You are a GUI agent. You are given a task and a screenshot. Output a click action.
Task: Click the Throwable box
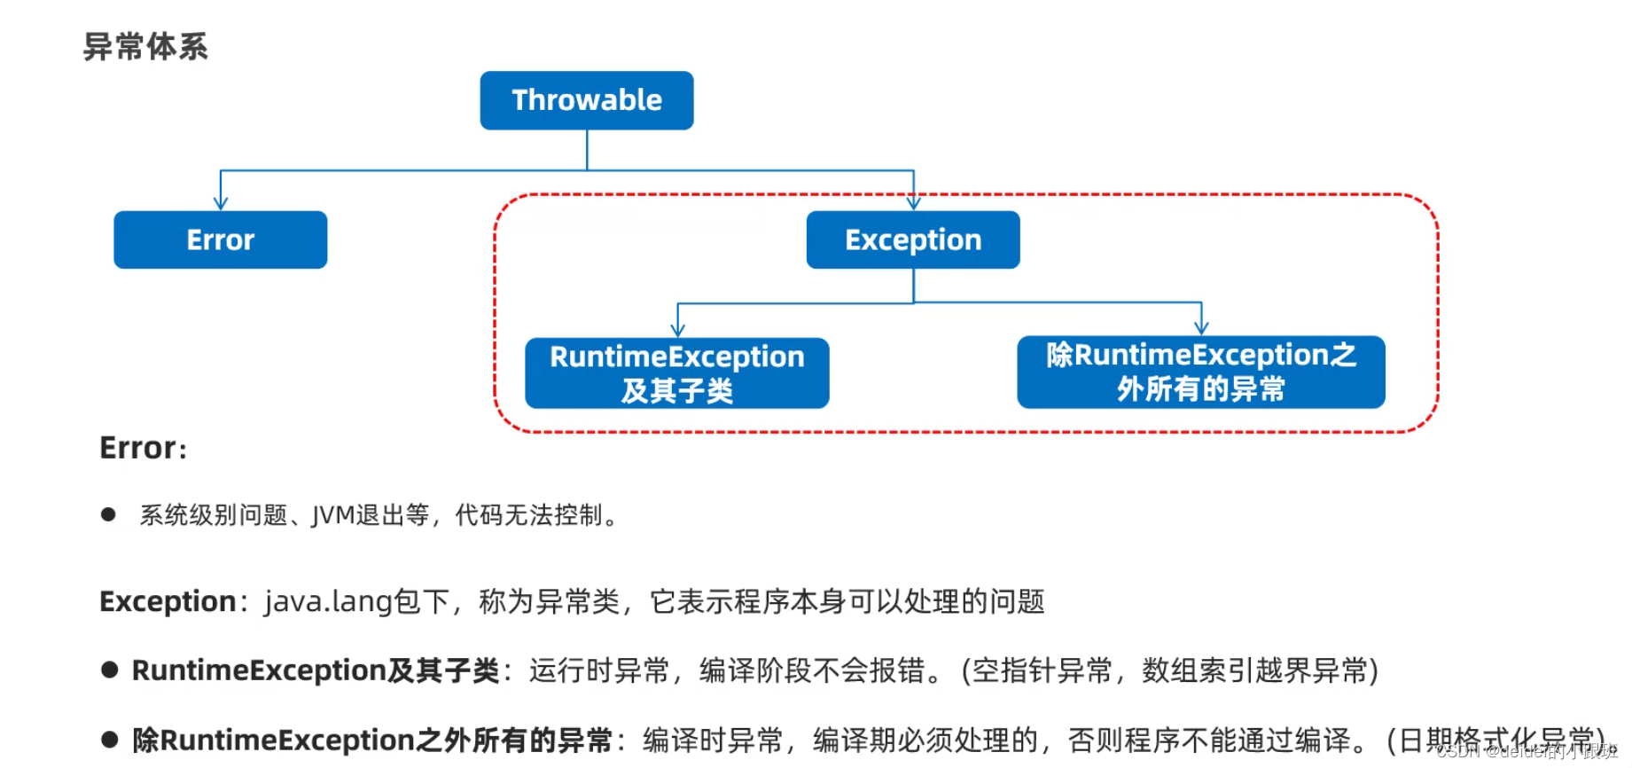(586, 100)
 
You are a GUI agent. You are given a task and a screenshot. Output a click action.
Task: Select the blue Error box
(220, 239)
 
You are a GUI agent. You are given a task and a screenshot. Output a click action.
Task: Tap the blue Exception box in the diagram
(912, 239)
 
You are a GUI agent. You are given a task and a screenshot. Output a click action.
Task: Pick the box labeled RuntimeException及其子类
(676, 372)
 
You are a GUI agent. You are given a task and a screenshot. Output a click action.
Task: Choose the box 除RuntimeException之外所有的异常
(1200, 372)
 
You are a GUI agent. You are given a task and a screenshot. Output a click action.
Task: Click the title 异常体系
(145, 46)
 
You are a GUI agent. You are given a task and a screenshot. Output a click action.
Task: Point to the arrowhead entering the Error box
(221, 203)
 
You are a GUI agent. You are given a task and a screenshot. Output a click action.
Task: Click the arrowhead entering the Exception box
(913, 203)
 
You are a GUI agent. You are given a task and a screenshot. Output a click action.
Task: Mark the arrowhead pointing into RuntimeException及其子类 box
(677, 330)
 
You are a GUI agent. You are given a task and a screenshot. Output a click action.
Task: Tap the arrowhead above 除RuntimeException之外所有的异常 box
(1201, 327)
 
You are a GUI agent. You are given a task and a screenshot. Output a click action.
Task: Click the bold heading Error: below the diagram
(143, 448)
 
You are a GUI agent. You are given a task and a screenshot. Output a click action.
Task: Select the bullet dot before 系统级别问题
(108, 514)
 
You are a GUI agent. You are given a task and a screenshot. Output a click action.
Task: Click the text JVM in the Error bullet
(333, 515)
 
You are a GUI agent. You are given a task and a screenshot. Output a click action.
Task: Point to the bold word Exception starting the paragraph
(167, 601)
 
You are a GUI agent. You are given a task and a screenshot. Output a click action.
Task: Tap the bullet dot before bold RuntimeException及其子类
(110, 670)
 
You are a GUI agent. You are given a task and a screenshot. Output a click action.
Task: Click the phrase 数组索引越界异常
(1254, 670)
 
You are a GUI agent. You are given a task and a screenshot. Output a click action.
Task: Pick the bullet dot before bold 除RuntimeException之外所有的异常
(110, 740)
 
